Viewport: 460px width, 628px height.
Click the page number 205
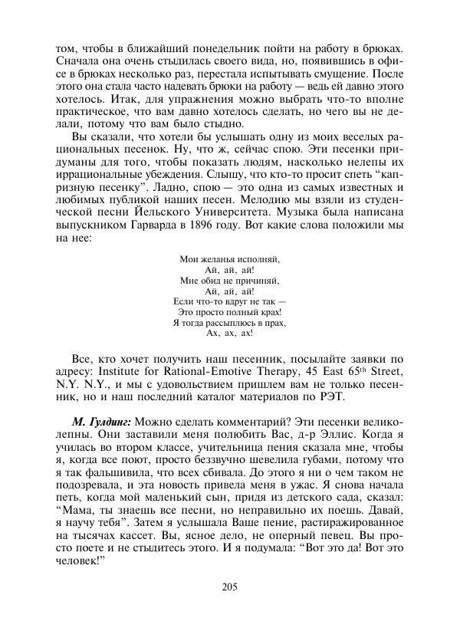click(x=229, y=587)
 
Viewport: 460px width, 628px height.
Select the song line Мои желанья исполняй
click(x=229, y=259)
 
